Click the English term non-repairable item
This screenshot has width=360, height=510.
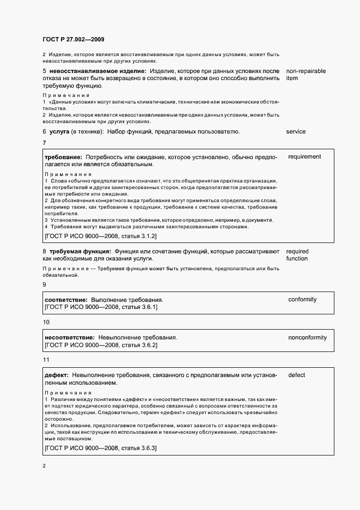(x=304, y=75)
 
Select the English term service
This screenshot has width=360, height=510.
(x=296, y=132)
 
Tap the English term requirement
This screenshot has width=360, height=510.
(x=304, y=157)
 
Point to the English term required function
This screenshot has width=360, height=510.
(x=297, y=255)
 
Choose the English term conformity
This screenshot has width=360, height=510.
(x=302, y=300)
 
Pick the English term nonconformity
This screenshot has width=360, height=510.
(x=307, y=338)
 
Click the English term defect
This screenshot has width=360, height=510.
(x=297, y=375)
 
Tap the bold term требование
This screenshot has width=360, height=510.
(x=63, y=157)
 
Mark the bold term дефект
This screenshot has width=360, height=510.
(x=56, y=375)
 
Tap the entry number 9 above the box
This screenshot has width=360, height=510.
(x=45, y=284)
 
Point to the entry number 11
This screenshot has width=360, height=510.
(x=46, y=360)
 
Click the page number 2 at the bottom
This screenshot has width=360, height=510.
(x=44, y=466)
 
